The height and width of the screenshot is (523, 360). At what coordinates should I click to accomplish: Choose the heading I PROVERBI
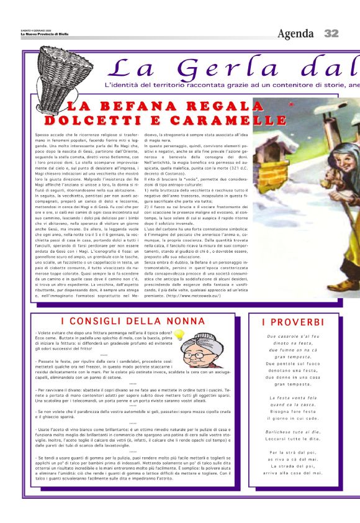pos(293,322)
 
